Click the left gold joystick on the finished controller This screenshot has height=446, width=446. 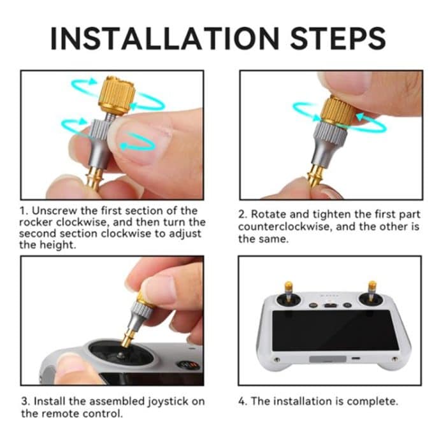pyautogui.click(x=288, y=290)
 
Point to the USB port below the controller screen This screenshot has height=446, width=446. pyautogui.click(x=355, y=359)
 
